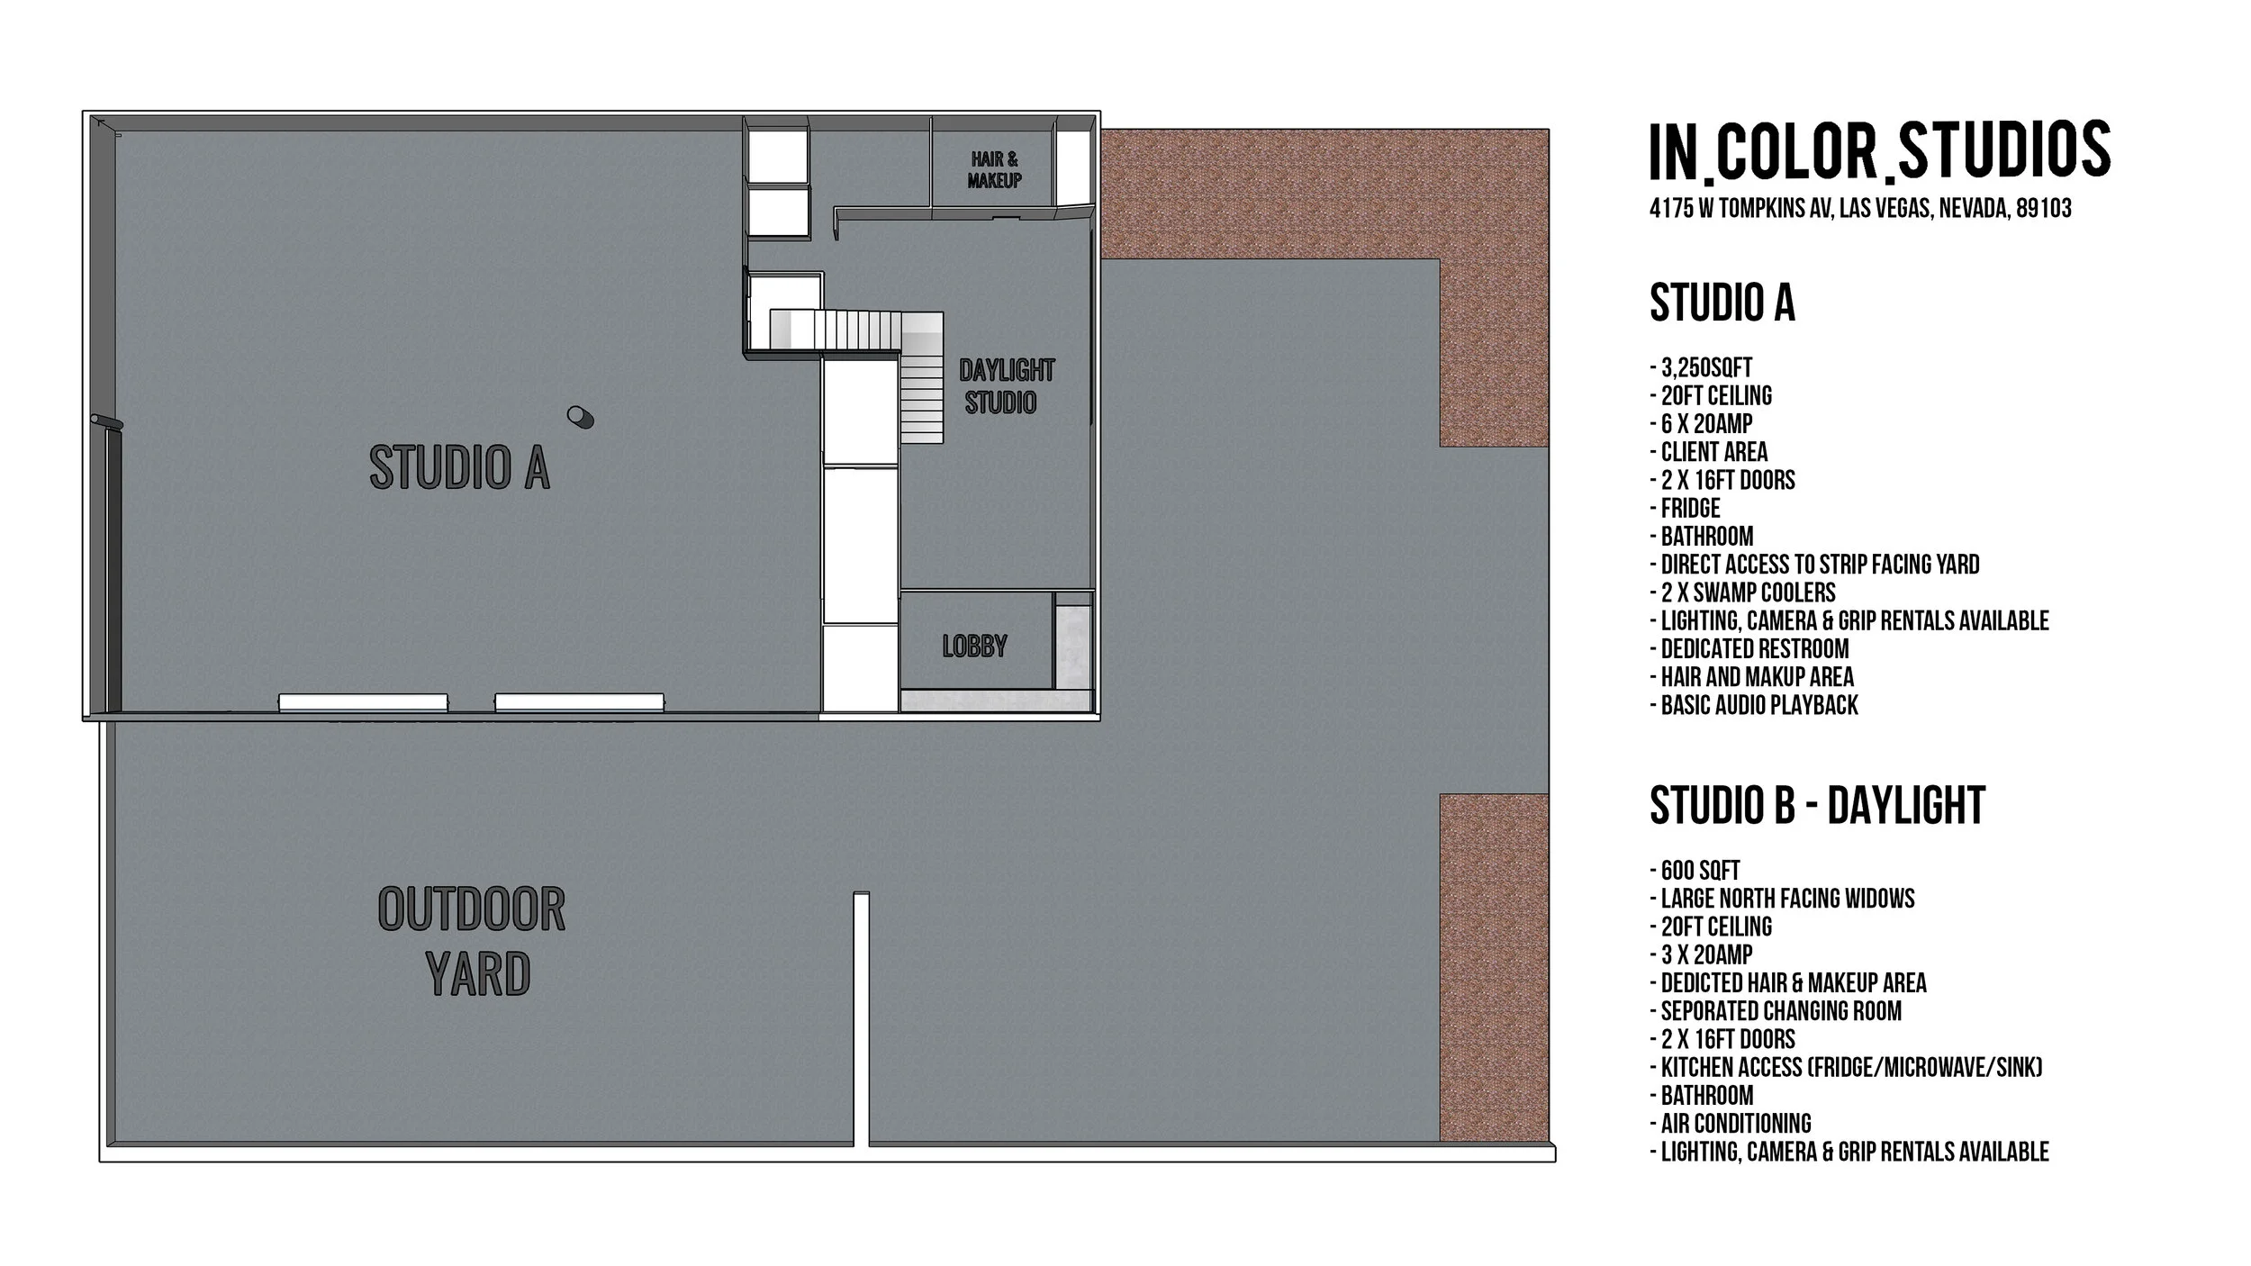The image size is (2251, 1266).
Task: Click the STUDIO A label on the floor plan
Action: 459,468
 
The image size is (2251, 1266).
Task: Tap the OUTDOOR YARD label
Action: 472,942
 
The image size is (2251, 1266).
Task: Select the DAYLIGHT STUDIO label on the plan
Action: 1005,386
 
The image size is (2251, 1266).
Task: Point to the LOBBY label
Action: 974,646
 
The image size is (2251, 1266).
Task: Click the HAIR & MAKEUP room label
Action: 994,170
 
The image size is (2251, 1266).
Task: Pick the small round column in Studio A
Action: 580,416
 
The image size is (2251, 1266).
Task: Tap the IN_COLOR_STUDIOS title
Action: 1879,151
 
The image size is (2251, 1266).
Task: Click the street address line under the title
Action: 1860,209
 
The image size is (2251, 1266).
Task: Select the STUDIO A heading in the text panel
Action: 1722,303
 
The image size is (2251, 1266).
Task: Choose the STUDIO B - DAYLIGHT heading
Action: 1817,805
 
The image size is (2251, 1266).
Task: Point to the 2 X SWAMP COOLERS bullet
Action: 1742,592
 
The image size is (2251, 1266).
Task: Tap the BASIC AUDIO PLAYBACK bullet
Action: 1754,705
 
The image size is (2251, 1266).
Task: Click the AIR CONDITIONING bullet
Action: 1730,1124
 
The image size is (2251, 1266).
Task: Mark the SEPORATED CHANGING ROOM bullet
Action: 1776,1011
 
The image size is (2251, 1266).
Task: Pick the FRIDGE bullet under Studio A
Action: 1685,508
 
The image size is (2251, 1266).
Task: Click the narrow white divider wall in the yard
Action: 862,1017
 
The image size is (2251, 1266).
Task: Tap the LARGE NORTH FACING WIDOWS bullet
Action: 1782,899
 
